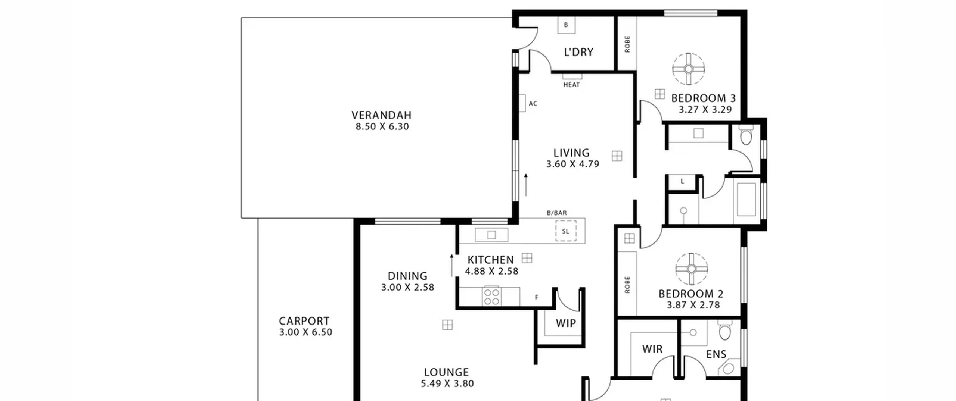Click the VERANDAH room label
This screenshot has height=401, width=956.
coord(381,115)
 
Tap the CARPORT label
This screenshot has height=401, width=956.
coord(304,321)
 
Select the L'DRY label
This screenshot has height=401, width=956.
coord(578,52)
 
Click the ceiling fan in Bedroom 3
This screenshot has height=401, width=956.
coord(689,69)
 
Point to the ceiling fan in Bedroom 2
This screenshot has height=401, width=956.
coord(692,269)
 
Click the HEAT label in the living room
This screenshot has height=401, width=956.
coord(571,85)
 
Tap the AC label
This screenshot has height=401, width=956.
coord(533,103)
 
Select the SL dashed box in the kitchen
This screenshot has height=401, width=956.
coord(566,231)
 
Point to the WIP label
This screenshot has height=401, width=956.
coord(565,323)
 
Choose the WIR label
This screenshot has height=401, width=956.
coord(652,349)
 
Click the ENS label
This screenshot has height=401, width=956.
coord(716,354)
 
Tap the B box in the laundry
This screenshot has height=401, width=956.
coord(566,25)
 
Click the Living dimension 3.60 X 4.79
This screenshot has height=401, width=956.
coord(572,164)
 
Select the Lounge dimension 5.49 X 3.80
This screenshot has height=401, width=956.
coord(447,383)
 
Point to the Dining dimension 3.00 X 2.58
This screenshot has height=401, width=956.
coord(407,288)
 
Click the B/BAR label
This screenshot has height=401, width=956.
coord(556,213)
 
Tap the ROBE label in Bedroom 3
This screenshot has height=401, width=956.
coord(627,44)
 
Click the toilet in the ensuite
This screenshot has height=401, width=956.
coord(724,329)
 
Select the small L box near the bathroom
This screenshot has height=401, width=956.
coord(682,182)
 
